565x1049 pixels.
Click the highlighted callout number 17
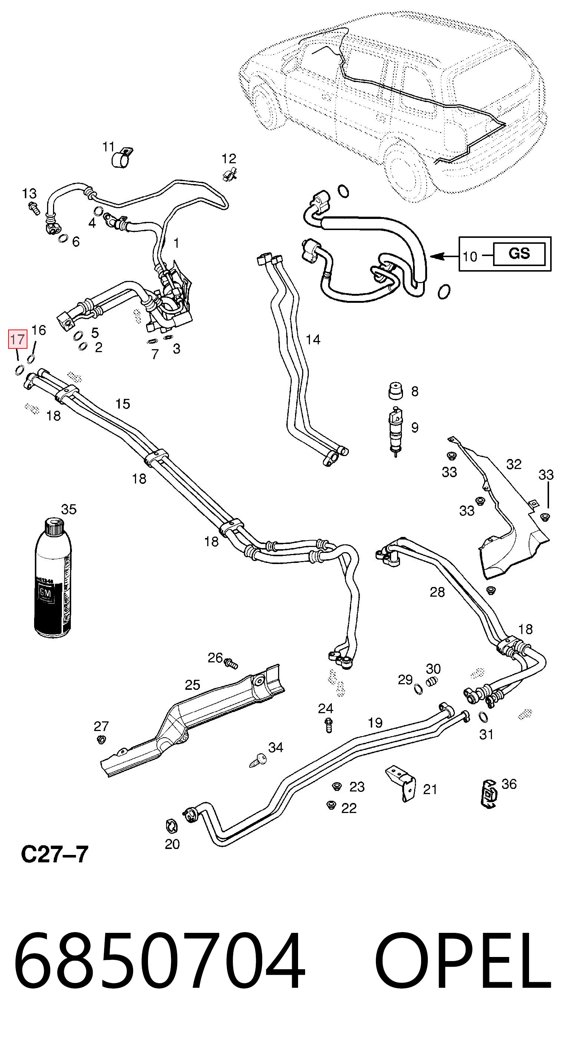click(x=18, y=339)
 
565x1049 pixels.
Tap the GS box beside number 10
click(x=519, y=254)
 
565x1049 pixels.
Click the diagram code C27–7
click(x=54, y=854)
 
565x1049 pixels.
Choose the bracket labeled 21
click(x=402, y=783)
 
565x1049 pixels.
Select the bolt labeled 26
click(x=231, y=663)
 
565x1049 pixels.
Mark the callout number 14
click(x=313, y=339)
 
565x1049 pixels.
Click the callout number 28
click(x=437, y=592)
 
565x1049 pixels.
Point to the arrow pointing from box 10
click(x=445, y=256)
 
